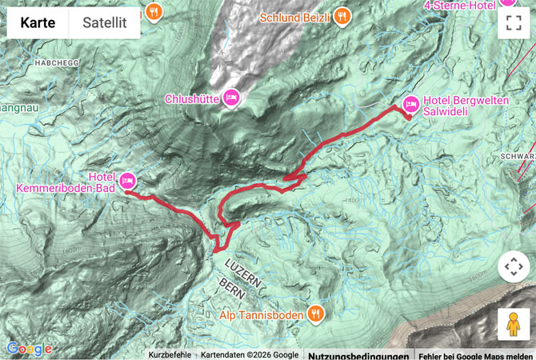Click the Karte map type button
[38, 22]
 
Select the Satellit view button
[105, 22]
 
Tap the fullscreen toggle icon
[513, 22]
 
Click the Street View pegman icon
[513, 325]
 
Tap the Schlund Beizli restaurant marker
[342, 15]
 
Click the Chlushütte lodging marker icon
[230, 98]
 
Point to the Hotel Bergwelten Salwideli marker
[411, 104]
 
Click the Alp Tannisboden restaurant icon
[316, 314]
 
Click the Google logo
[29, 349]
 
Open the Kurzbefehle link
[170, 355]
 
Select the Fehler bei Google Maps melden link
[475, 355]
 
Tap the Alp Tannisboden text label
[262, 314]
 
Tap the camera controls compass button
[513, 267]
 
